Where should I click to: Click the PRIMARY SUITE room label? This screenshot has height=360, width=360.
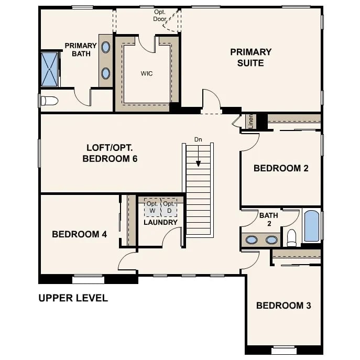[x=250, y=58]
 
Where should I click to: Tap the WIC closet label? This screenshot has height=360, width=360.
[x=147, y=73]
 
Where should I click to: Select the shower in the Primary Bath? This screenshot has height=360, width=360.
[x=49, y=69]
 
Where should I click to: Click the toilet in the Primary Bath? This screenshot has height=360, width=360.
[x=49, y=101]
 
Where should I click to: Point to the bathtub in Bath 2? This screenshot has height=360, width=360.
[x=312, y=226]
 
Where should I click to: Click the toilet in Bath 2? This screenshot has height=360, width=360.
[x=292, y=238]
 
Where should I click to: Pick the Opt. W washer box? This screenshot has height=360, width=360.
[x=152, y=207]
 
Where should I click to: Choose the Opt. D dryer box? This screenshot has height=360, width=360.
[x=169, y=207]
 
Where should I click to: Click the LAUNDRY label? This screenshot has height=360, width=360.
[x=160, y=222]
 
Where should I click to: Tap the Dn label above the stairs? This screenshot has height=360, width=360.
[x=198, y=139]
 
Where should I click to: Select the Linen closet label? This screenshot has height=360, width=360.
[x=251, y=121]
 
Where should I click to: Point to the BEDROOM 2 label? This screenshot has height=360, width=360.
[x=281, y=168]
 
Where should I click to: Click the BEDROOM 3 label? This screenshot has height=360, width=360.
[x=283, y=306]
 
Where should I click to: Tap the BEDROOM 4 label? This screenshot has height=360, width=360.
[x=80, y=234]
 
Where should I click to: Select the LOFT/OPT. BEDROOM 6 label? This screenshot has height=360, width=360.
[x=110, y=153]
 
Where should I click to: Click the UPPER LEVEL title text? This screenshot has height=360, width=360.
[x=73, y=298]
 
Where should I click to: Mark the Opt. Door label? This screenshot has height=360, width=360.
[x=160, y=15]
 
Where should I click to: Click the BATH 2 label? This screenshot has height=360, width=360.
[x=269, y=219]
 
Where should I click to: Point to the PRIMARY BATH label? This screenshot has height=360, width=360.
[x=81, y=50]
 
